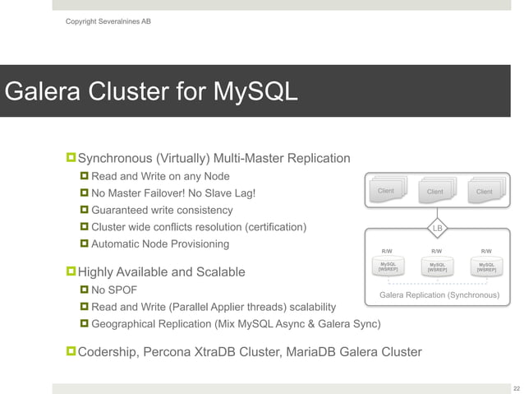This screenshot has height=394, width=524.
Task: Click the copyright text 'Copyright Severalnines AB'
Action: tap(108, 21)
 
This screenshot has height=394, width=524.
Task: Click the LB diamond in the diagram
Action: tap(437, 227)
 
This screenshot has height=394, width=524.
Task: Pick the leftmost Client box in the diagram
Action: tap(385, 191)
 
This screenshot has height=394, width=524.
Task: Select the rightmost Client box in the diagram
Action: tap(485, 192)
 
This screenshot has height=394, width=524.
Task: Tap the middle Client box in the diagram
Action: tap(435, 192)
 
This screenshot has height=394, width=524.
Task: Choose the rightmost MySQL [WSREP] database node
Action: tap(486, 267)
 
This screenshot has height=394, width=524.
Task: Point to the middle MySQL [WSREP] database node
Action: tap(437, 267)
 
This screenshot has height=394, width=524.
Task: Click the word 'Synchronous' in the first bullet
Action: tap(120, 158)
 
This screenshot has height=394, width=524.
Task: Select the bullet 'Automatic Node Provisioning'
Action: tap(160, 244)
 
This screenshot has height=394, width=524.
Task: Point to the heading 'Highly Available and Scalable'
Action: tap(161, 271)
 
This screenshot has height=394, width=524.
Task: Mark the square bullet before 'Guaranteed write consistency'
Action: tap(84, 210)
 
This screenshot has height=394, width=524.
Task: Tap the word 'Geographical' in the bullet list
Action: tap(127, 324)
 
